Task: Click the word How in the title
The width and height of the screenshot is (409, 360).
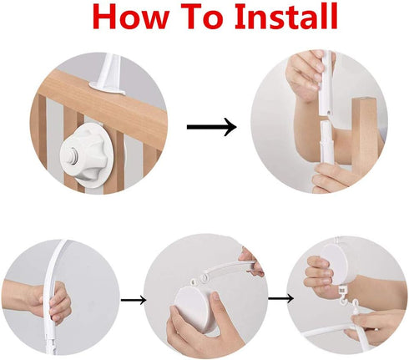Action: pyautogui.click(x=130, y=17)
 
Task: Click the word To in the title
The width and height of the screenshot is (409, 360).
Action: pyautogui.click(x=200, y=17)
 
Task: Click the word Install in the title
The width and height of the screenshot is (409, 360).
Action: pyautogui.click(x=286, y=16)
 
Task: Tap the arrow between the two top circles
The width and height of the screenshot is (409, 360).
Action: pyautogui.click(x=211, y=127)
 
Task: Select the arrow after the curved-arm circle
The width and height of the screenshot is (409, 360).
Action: pyautogui.click(x=134, y=300)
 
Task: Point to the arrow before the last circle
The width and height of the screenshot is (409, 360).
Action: pyautogui.click(x=280, y=298)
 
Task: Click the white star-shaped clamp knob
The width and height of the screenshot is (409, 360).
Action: pyautogui.click(x=84, y=155)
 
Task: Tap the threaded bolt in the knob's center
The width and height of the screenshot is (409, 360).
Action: pyautogui.click(x=74, y=154)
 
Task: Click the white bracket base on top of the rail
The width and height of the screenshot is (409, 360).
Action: pyautogui.click(x=107, y=87)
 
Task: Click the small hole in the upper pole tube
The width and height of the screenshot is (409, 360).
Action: pyautogui.click(x=329, y=111)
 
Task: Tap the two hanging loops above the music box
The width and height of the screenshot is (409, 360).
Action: pyautogui.click(x=199, y=280)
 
